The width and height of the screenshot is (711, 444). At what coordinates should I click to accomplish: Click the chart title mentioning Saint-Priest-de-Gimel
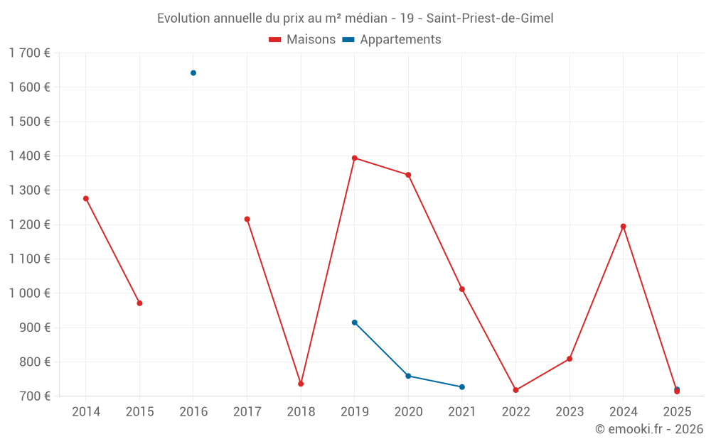click(x=355, y=18)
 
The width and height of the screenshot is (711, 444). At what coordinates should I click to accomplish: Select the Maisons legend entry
click(x=302, y=40)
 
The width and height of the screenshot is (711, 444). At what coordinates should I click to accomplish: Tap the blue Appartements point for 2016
click(x=193, y=73)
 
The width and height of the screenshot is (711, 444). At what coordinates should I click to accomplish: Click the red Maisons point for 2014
click(x=86, y=199)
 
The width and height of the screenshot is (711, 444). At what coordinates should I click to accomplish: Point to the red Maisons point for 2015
click(x=139, y=303)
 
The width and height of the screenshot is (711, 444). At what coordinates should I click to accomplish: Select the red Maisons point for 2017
click(x=247, y=220)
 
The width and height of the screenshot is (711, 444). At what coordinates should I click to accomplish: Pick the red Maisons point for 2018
click(x=301, y=384)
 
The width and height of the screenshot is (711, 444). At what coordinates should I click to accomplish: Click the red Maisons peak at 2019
click(x=355, y=158)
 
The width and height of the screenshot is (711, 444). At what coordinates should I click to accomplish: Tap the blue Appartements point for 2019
click(x=355, y=323)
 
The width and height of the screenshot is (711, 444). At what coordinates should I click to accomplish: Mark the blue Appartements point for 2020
click(x=408, y=376)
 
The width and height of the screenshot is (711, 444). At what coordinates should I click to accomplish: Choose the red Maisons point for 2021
click(x=462, y=289)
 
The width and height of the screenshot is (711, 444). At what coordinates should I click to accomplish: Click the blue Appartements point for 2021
click(x=462, y=387)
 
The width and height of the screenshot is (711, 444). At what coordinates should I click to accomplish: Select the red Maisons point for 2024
click(x=624, y=227)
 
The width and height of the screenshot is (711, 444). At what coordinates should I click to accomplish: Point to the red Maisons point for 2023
click(x=570, y=359)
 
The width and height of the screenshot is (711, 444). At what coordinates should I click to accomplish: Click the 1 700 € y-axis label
click(x=29, y=53)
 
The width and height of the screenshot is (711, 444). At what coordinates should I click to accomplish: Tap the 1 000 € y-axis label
click(x=29, y=293)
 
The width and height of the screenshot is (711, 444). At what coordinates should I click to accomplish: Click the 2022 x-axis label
click(x=515, y=411)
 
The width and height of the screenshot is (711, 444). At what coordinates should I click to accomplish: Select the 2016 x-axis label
click(x=193, y=411)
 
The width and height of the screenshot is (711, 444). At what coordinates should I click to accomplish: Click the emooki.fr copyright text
click(x=648, y=429)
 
